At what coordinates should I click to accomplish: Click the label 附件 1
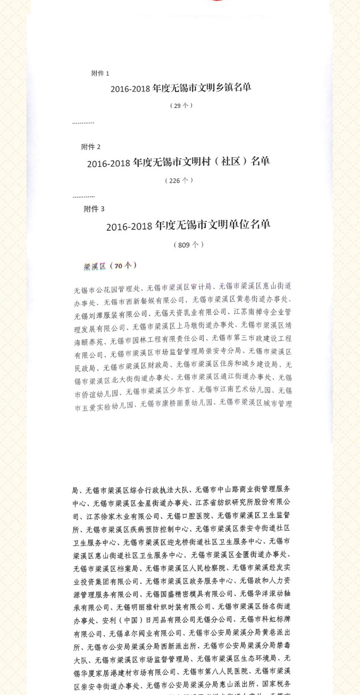tap(100, 73)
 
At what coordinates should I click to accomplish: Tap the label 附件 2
tap(91, 147)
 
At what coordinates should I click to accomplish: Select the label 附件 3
tap(94, 209)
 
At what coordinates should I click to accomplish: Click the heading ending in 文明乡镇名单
tap(181, 88)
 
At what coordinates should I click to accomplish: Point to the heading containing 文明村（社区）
tap(178, 162)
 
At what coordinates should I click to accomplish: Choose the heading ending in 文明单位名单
tap(188, 225)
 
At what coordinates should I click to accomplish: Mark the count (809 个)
tap(188, 245)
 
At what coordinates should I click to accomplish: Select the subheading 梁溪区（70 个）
tap(110, 266)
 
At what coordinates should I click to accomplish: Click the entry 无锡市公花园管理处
tap(107, 290)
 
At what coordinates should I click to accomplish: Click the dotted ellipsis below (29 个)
tap(83, 122)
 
